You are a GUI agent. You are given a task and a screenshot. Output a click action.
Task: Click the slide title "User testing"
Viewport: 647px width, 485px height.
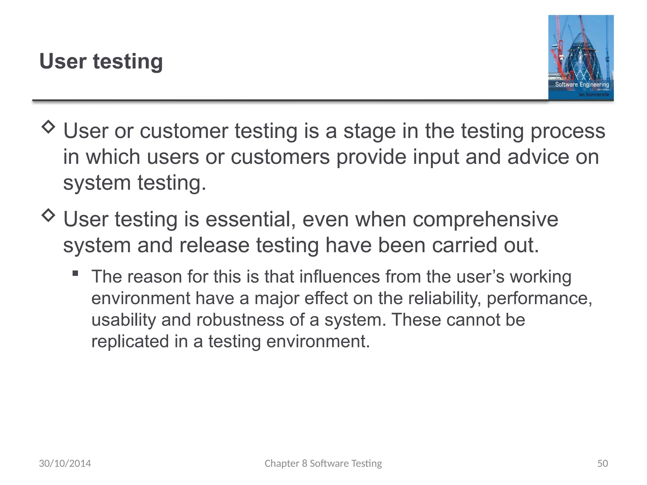click(x=101, y=61)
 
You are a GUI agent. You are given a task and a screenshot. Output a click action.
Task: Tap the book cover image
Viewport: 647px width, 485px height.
click(x=581, y=57)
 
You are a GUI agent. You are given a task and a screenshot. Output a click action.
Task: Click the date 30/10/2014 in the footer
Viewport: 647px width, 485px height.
click(x=65, y=463)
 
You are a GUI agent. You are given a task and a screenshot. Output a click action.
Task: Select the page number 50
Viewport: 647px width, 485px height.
click(x=602, y=463)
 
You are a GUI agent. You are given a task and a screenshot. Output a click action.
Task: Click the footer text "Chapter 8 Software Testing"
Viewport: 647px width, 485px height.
click(x=323, y=463)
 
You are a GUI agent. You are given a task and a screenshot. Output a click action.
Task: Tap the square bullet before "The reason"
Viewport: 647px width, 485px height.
click(x=75, y=273)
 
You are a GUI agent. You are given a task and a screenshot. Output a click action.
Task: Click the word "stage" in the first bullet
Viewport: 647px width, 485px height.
click(x=369, y=131)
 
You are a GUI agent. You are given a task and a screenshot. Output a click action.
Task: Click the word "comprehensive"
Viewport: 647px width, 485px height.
click(x=485, y=219)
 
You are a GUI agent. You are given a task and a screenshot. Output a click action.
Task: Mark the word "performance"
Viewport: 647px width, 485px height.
click(x=539, y=298)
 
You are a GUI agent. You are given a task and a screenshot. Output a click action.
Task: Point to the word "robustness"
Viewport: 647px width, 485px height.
click(x=240, y=320)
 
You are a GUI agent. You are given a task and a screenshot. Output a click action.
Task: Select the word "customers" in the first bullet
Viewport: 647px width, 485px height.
click(x=280, y=157)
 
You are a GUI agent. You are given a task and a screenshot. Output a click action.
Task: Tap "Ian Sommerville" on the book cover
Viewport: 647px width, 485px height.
click(x=594, y=94)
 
